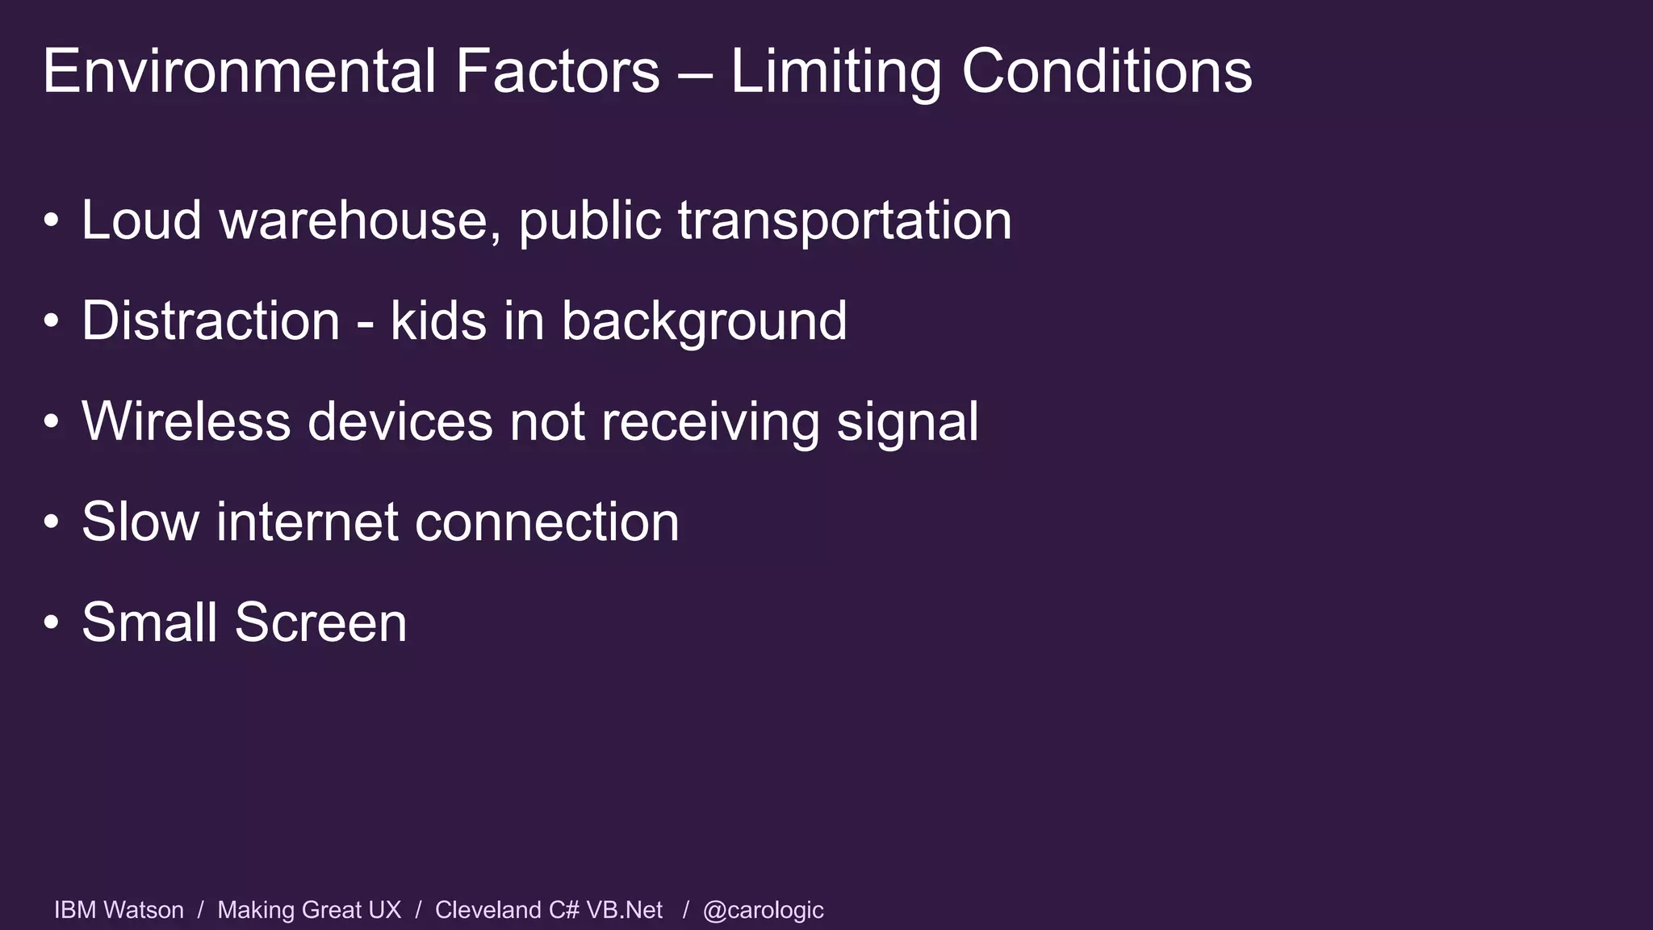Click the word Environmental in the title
(x=239, y=71)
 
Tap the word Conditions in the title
(x=1107, y=71)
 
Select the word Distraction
(x=211, y=320)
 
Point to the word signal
(x=907, y=423)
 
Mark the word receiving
(x=710, y=423)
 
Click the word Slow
(x=140, y=522)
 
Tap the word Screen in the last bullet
(x=320, y=622)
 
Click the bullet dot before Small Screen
(x=52, y=623)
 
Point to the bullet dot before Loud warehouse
(x=52, y=221)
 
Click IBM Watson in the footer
(x=119, y=910)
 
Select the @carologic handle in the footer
(x=763, y=910)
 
